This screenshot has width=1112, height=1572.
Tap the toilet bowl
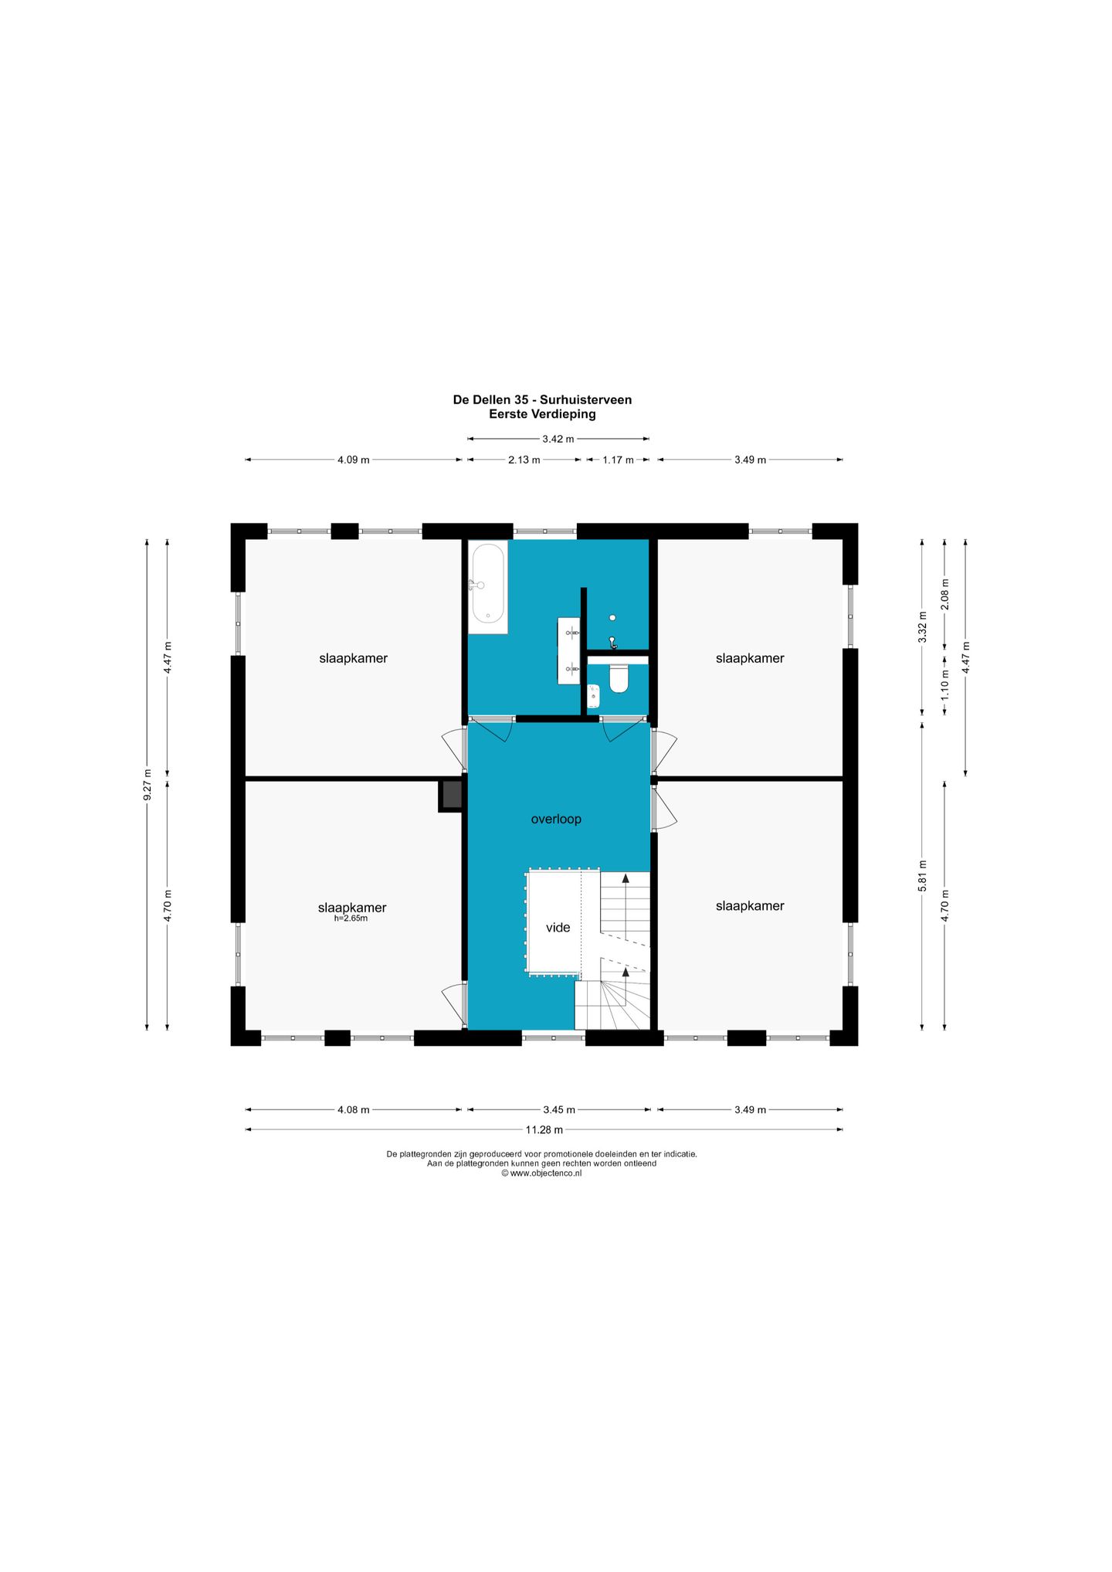point(619,679)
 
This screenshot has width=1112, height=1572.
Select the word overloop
point(556,819)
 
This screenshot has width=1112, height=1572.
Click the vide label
point(558,927)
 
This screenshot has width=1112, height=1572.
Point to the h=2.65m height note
point(351,918)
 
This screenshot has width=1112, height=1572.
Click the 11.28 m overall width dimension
point(544,1129)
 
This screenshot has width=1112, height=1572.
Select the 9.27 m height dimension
point(147,784)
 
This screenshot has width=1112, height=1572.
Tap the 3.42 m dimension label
point(558,439)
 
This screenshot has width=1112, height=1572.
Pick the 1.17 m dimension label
point(618,460)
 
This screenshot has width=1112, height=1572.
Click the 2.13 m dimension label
point(524,460)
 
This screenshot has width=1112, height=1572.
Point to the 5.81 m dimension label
point(922,876)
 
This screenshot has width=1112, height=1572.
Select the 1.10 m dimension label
point(944,685)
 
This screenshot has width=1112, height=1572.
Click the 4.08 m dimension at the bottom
point(354,1109)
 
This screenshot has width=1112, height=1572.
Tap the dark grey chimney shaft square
point(452,795)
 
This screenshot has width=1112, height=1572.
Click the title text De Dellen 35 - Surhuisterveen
point(542,399)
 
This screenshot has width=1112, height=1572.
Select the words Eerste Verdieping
point(542,414)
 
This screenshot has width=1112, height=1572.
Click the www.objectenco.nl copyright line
point(541,1173)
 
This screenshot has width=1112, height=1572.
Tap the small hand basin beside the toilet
point(593,696)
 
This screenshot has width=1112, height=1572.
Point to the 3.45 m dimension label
point(559,1109)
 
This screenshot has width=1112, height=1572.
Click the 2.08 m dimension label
point(944,594)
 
